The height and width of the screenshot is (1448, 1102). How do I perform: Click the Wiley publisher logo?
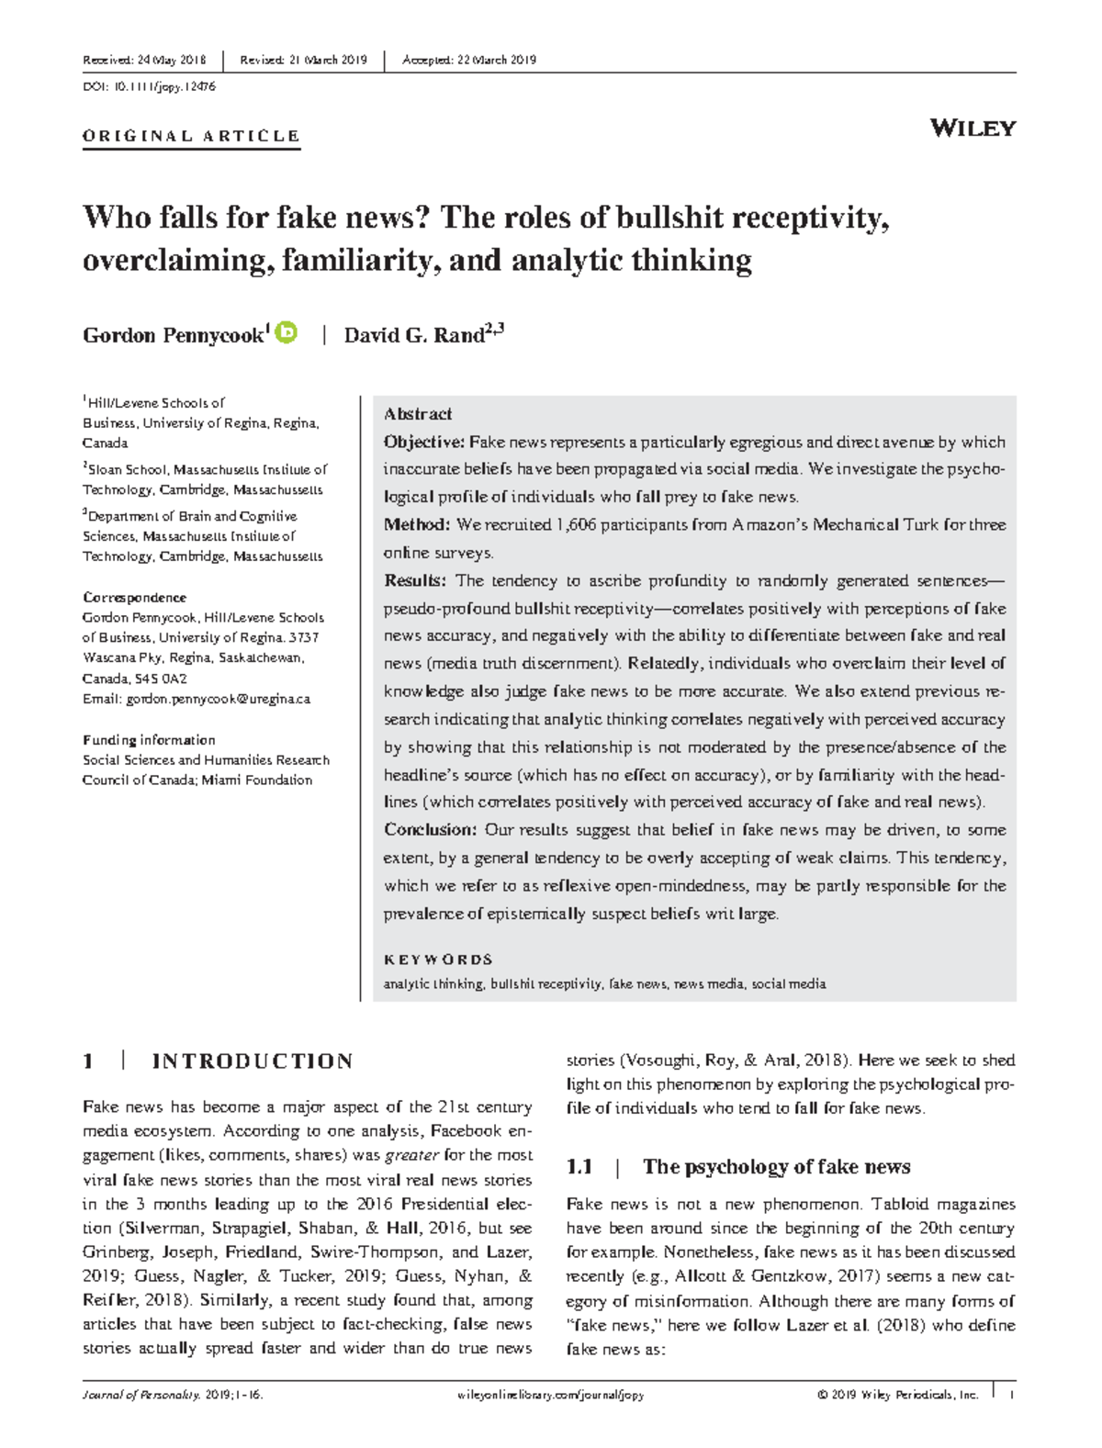pyautogui.click(x=973, y=128)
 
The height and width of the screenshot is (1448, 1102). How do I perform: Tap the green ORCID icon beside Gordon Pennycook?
pyautogui.click(x=287, y=332)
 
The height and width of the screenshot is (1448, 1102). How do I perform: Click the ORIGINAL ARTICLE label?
pyautogui.click(x=191, y=136)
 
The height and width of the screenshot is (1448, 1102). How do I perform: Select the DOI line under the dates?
pyautogui.click(x=149, y=86)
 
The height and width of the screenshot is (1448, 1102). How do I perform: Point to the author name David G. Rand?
pyautogui.click(x=414, y=335)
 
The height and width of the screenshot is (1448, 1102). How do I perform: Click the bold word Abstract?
pyautogui.click(x=418, y=414)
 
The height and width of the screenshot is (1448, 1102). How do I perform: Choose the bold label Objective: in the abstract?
pyautogui.click(x=424, y=442)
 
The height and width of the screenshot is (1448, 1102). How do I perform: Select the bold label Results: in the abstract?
pyautogui.click(x=415, y=580)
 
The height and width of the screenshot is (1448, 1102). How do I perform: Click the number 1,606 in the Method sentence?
pyautogui.click(x=579, y=525)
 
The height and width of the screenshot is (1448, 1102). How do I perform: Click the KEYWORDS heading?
pyautogui.click(x=438, y=960)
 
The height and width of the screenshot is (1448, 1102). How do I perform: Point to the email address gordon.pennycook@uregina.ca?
pyautogui.click(x=219, y=699)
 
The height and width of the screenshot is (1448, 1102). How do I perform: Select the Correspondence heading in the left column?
pyautogui.click(x=134, y=597)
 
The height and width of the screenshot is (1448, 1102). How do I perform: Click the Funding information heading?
pyautogui.click(x=149, y=740)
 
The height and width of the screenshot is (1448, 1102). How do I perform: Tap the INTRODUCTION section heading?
pyautogui.click(x=253, y=1061)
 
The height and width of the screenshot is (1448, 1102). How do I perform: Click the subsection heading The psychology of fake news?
pyautogui.click(x=776, y=1167)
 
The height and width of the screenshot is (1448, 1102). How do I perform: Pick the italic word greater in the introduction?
pyautogui.click(x=411, y=1155)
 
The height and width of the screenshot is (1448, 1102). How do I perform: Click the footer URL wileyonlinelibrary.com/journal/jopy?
pyautogui.click(x=550, y=1395)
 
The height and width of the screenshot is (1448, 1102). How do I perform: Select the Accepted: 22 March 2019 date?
pyautogui.click(x=469, y=61)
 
